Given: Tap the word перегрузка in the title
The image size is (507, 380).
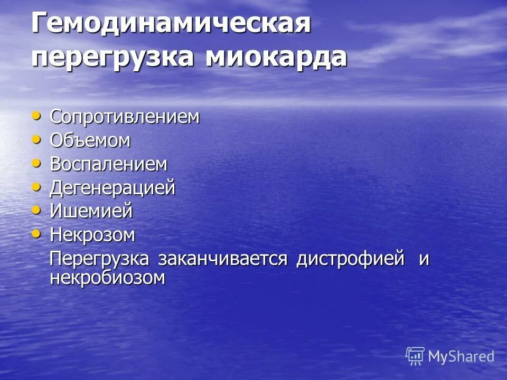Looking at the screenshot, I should (114, 57).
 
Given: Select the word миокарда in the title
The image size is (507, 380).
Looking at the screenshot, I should (275, 57).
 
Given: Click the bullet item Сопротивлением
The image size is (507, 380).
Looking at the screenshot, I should (125, 117).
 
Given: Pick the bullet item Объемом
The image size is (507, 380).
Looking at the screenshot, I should (90, 141).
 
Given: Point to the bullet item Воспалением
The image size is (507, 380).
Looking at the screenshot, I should (108, 164).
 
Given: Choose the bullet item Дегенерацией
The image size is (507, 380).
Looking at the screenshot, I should (112, 188).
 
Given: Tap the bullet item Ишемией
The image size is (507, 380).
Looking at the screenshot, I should (91, 211).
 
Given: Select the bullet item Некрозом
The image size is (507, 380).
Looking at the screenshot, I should (92, 235).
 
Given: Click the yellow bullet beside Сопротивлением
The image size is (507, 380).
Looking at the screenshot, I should (36, 115).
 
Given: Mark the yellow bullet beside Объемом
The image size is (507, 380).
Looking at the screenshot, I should (36, 139).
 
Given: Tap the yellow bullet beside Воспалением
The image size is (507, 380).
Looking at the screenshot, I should (36, 163).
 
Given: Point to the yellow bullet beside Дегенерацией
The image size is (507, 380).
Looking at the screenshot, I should (36, 186).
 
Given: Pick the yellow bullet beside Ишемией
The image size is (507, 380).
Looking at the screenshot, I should (36, 210).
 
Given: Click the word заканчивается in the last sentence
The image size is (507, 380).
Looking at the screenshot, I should (222, 259).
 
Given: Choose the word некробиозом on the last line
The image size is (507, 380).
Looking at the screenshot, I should (107, 278).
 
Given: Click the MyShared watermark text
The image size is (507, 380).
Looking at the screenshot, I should (461, 356).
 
